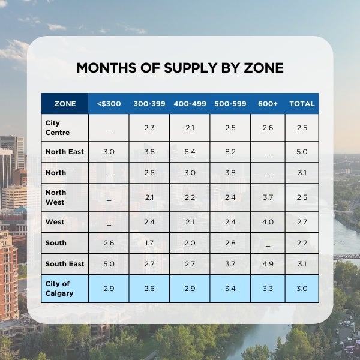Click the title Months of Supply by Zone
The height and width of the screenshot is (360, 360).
180,68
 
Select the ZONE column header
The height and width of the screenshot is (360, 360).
65,104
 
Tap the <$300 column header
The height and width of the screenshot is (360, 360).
109,104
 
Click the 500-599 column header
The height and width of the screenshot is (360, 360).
230,104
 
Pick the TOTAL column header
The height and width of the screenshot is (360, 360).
302,104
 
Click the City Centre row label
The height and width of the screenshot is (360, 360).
57,128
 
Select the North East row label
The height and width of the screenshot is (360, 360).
64,152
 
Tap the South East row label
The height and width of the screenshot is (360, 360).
64,264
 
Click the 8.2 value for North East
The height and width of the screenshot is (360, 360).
230,152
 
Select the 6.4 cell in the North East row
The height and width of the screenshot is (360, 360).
190,152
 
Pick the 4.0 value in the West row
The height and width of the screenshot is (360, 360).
268,222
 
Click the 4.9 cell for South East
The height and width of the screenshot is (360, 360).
268,264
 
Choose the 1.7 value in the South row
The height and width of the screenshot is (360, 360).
149,243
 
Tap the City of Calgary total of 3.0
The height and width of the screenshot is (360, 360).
302,289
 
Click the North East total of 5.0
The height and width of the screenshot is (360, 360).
302,152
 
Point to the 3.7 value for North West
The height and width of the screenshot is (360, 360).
268,197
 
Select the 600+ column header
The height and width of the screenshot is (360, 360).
268,104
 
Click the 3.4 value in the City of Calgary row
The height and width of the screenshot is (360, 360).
230,289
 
